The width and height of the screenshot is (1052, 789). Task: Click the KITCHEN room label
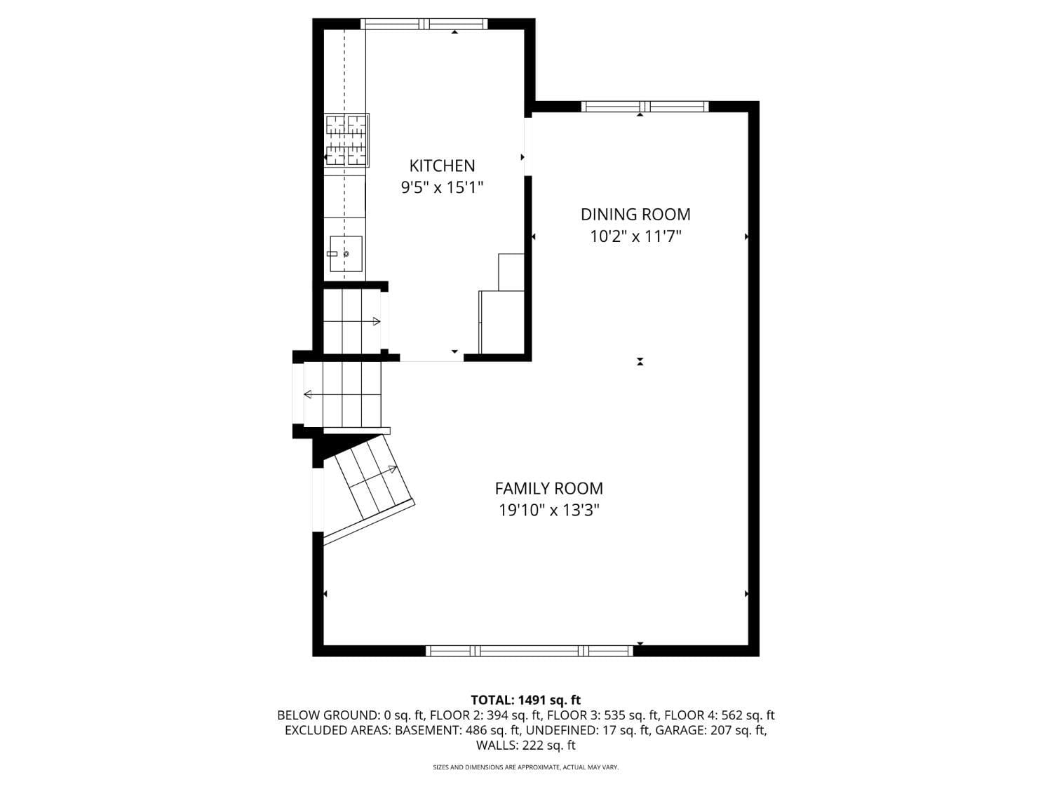click(442, 166)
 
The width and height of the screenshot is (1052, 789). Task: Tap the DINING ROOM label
click(635, 214)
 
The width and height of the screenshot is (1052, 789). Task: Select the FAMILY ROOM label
click(548, 489)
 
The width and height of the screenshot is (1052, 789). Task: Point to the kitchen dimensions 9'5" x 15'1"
click(442, 187)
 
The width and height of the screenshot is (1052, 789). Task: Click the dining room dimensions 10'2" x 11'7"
click(635, 236)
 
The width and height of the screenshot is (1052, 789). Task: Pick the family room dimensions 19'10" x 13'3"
click(548, 511)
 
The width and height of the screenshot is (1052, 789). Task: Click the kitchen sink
click(346, 254)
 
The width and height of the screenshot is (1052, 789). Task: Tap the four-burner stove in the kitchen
click(347, 140)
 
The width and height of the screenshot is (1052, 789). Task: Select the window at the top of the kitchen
click(424, 24)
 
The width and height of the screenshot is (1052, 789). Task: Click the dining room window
click(645, 107)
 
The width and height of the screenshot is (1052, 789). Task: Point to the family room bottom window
click(529, 651)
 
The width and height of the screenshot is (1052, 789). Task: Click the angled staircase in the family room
click(369, 489)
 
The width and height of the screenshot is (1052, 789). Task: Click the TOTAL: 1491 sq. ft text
click(526, 700)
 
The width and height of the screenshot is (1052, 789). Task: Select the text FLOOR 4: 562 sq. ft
click(720, 715)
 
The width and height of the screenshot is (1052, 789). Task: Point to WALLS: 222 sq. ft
click(526, 746)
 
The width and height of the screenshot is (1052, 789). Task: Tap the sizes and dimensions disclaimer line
click(526, 767)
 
